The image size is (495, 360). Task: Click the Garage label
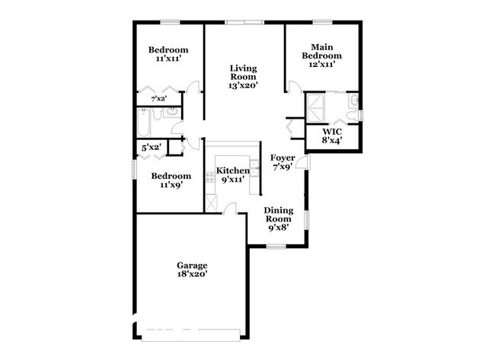click(x=193, y=265)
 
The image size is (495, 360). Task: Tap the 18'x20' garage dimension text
click(x=193, y=274)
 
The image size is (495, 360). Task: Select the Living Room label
click(x=244, y=72)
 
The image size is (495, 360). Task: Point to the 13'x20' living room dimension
click(x=244, y=86)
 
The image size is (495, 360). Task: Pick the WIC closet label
click(x=331, y=131)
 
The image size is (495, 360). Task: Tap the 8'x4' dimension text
click(x=331, y=140)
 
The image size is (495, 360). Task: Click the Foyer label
click(x=283, y=158)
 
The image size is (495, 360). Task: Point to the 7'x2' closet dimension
click(x=158, y=99)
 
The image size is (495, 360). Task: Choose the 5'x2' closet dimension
click(x=151, y=147)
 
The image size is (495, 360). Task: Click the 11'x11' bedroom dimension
click(x=168, y=59)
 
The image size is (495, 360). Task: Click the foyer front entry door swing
click(x=302, y=161)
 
